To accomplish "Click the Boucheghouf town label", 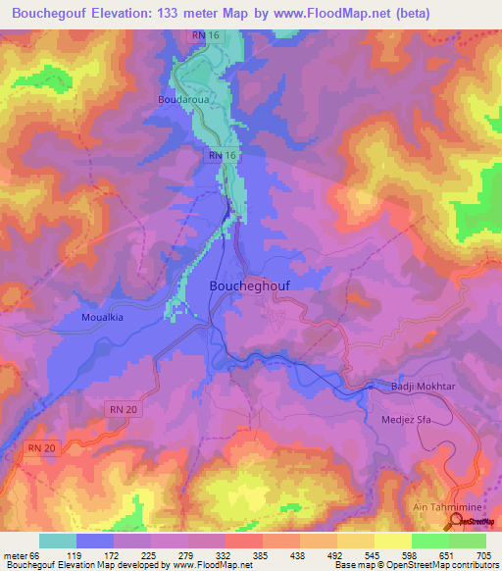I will coord(250,285).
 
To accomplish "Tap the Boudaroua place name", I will coord(183,99).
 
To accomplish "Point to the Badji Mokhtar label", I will coord(426,388).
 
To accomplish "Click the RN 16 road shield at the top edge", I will coord(203,35).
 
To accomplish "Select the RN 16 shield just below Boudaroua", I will coord(223,156).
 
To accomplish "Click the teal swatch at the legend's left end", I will coord(58,541).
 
